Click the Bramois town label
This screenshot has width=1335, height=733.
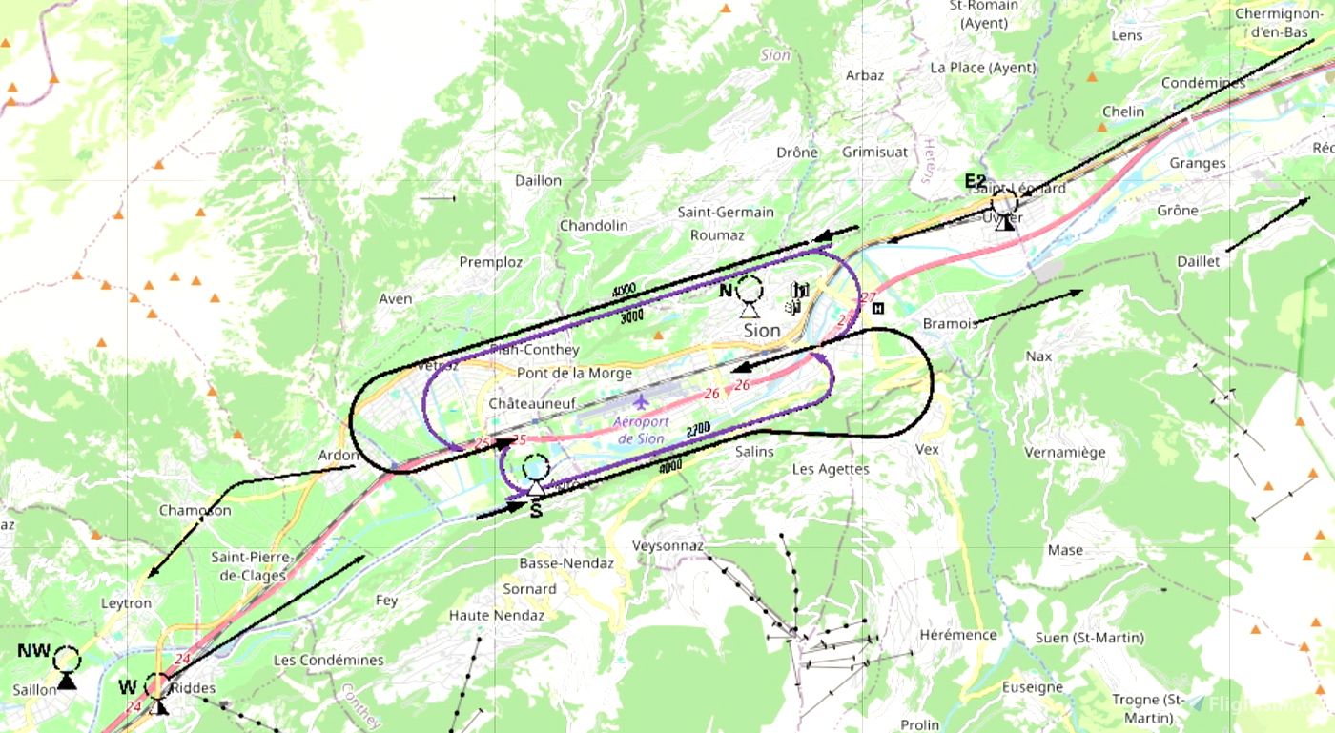click(949, 324)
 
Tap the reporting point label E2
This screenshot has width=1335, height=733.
click(975, 181)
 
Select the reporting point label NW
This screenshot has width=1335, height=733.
click(33, 651)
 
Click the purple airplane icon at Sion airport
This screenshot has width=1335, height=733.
click(640, 399)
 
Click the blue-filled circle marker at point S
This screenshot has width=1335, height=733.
click(536, 468)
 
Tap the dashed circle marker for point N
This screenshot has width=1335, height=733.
click(750, 289)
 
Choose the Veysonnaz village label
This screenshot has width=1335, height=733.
click(667, 546)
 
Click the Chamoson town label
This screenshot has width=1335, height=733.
click(195, 511)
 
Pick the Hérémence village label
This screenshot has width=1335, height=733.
click(958, 635)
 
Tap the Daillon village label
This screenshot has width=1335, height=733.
click(538, 180)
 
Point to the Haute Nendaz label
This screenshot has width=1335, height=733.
click(496, 616)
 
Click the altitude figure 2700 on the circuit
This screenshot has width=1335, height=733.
click(698, 431)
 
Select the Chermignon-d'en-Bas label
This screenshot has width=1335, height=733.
click(1271, 23)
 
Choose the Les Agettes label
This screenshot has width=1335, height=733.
click(831, 469)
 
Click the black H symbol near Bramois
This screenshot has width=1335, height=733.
click(878, 308)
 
